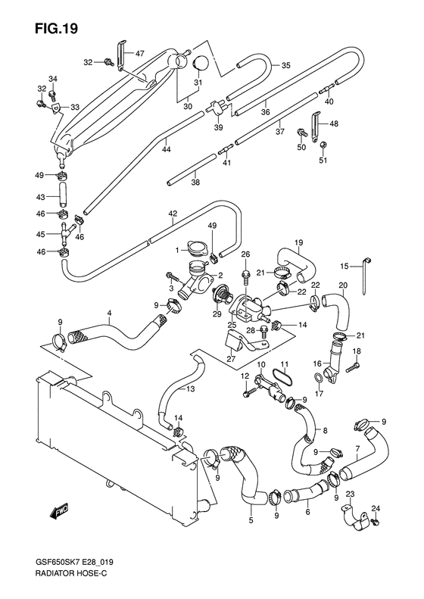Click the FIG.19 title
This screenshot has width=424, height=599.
pos(56,28)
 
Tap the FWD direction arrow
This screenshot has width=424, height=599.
pos(59,510)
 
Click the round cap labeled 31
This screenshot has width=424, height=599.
pos(201,64)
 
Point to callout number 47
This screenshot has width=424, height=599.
pos(140,54)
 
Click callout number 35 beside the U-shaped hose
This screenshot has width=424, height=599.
pos(285,65)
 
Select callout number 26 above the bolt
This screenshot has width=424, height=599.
pos(245,254)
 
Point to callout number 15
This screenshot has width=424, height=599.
pos(344,267)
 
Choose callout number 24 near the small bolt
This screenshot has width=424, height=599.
pos(376,508)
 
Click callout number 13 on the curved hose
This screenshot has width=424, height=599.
pos(190,389)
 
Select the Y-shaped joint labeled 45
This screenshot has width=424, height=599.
pos(65,234)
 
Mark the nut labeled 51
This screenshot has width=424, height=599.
pos(323,144)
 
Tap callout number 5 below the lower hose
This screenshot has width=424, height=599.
pos(251,520)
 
